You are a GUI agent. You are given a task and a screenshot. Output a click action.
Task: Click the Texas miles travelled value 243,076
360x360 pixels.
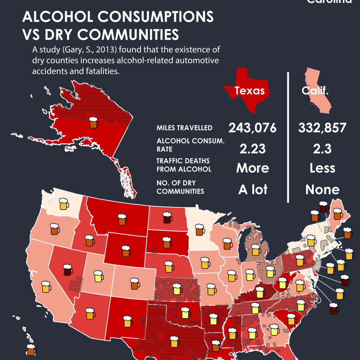pyautogui.click(x=252, y=128)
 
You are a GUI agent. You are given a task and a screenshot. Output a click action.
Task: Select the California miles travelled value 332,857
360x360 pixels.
pyautogui.click(x=322, y=128)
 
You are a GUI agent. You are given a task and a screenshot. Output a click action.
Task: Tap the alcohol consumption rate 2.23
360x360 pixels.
pyautogui.click(x=252, y=149)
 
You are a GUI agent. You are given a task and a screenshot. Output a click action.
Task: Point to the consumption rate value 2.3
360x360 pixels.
pyautogui.click(x=322, y=149)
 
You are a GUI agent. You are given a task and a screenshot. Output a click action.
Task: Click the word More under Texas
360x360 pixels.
pyautogui.click(x=252, y=168)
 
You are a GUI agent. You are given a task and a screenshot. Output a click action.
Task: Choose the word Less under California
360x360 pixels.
pyautogui.click(x=322, y=168)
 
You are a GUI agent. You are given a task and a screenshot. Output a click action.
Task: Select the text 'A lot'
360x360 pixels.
pyautogui.click(x=252, y=190)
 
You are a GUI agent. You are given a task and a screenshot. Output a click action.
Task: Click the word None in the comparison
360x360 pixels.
pyautogui.click(x=322, y=190)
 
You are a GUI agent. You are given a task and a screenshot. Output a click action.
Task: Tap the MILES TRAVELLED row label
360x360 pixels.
pyautogui.click(x=184, y=128)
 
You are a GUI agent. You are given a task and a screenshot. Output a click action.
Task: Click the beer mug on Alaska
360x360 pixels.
pyautogui.click(x=94, y=122)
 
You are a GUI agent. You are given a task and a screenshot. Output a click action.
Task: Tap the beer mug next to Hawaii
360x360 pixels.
pyautogui.click(x=31, y=350)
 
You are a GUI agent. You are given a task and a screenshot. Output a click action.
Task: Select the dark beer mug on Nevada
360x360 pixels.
pyautogui.click(x=68, y=270)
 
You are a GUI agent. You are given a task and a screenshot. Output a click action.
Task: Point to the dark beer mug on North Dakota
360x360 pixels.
pyautogui.click(x=167, y=217)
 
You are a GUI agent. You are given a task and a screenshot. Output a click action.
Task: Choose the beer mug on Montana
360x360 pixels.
pyautogui.click(x=123, y=219)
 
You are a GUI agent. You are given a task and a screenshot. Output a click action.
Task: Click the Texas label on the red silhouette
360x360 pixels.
pyautogui.click(x=249, y=91)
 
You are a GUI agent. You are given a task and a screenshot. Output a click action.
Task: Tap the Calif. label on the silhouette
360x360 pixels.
pyautogui.click(x=315, y=91)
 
